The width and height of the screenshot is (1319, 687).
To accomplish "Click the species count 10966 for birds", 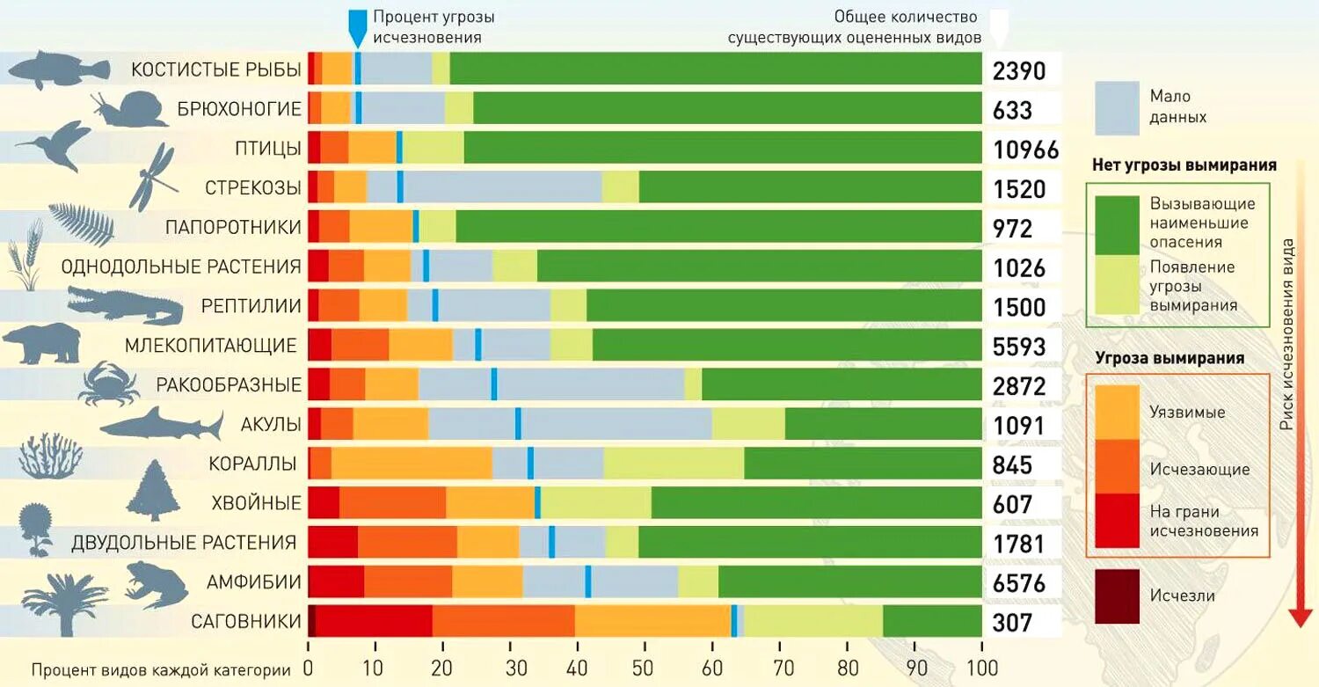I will [1025, 150].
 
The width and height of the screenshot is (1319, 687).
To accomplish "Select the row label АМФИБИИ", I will [254, 582].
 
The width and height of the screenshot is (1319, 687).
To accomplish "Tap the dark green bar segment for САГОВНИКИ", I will [932, 620].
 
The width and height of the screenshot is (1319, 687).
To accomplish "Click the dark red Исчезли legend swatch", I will [1117, 596].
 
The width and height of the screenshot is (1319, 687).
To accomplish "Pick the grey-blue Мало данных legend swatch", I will [1117, 106].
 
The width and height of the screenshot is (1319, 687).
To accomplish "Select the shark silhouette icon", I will [162, 426].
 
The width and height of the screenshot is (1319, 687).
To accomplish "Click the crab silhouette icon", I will [109, 383].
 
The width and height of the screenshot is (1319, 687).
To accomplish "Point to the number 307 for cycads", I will [1012, 622].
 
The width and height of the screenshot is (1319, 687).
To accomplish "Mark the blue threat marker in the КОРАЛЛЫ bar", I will [530, 463].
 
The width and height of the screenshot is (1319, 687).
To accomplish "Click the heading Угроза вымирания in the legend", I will [1170, 358].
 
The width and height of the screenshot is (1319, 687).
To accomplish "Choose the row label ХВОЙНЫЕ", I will [257, 504].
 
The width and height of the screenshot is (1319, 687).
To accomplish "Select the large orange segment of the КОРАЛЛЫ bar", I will [412, 463].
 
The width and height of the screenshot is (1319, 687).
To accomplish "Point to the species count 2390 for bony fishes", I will [1019, 70].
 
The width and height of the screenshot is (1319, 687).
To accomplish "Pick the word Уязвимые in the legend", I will [1187, 412].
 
